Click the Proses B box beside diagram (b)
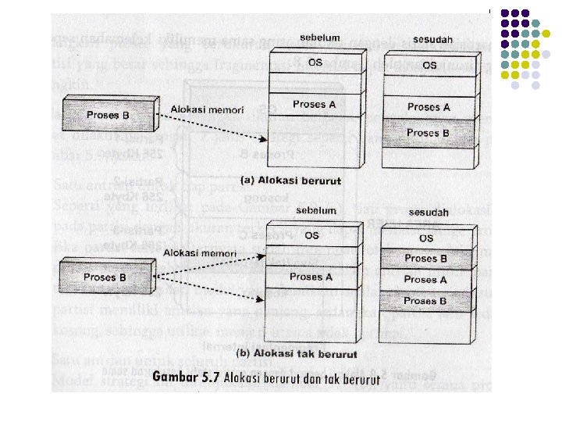105,277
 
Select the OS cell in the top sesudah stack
429,65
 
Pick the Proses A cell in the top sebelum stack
315,104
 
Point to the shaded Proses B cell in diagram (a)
429,133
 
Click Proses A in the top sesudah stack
429,107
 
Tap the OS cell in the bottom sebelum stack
311,235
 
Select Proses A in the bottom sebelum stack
311,276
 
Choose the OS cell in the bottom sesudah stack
426,238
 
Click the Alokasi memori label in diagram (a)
197,109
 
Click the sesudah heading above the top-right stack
428,38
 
